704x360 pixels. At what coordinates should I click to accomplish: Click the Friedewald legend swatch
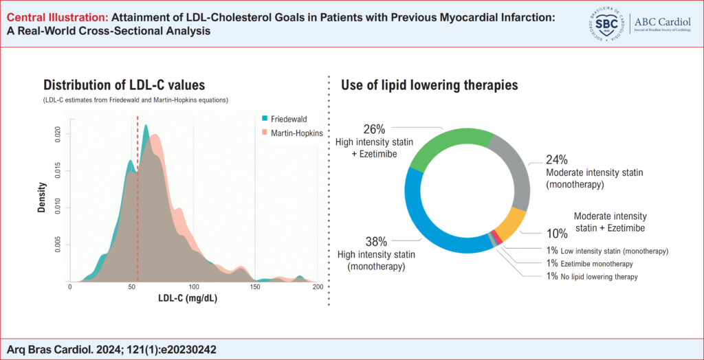click(x=265, y=118)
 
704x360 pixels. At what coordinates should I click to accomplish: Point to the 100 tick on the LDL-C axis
click(x=193, y=286)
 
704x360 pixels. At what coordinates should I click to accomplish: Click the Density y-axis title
click(x=41, y=196)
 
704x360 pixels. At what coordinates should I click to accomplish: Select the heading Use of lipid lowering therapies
click(x=429, y=85)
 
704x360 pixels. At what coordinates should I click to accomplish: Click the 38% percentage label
click(x=376, y=242)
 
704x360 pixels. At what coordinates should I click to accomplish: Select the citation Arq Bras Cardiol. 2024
click(x=58, y=349)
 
